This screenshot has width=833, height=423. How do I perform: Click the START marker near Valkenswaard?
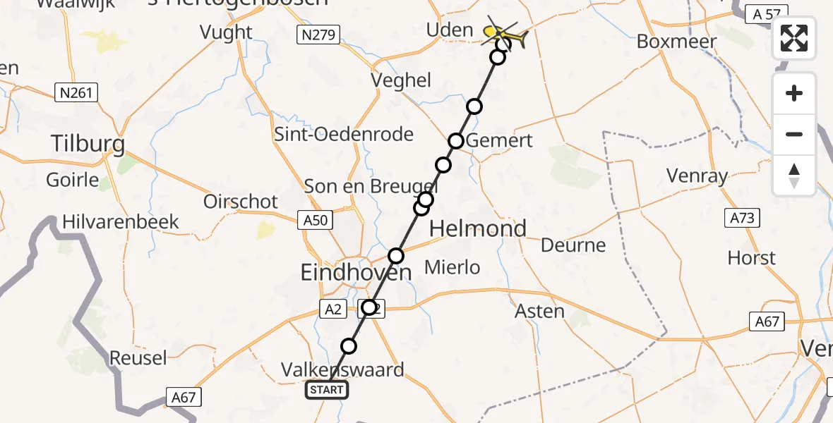(327, 390)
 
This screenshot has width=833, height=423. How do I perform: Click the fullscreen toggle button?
(794, 38)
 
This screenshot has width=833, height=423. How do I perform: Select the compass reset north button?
(794, 176)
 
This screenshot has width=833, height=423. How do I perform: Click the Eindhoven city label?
(356, 273)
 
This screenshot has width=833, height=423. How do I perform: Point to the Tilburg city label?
(88, 145)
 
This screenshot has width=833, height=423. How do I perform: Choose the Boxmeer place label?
(676, 42)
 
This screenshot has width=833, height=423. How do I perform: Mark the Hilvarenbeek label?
(121, 222)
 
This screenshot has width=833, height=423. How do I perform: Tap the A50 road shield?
(314, 220)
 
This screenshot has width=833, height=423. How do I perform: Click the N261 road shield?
(76, 92)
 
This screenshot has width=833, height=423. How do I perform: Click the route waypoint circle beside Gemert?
(456, 141)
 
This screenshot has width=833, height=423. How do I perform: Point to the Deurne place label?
(573, 245)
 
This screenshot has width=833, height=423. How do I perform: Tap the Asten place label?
(540, 311)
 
